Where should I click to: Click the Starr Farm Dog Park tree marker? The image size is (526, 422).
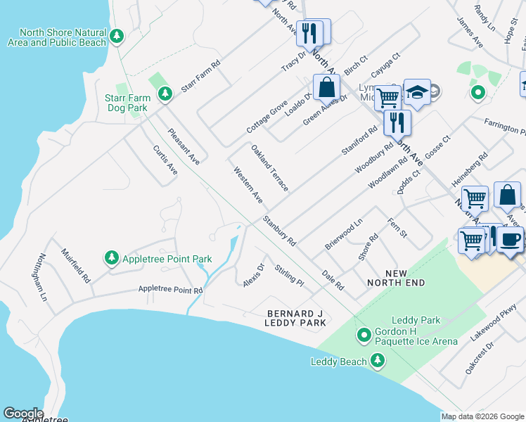pos(165,93)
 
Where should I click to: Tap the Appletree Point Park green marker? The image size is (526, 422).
pos(111,259)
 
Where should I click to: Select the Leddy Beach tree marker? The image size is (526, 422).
pos(378,361)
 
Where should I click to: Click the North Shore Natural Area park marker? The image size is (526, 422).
pos(117,35)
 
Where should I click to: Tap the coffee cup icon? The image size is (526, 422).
pos(511,238)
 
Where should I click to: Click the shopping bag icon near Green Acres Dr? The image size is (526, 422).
pos(326,89)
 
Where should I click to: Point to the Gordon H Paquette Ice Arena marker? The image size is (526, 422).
pos(364,335)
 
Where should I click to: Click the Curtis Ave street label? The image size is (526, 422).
pos(165,160)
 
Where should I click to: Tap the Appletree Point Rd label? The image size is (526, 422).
pos(170,289)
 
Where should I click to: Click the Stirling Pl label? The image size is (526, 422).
pos(289,275)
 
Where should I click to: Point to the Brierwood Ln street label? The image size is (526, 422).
pos(343,234)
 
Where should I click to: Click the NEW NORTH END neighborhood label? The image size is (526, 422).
pos(396,277)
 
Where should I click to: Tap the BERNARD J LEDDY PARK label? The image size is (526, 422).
pos(295,317)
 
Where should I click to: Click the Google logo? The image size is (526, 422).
pos(23,413)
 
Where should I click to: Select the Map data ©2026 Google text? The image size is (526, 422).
pos(482,416)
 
